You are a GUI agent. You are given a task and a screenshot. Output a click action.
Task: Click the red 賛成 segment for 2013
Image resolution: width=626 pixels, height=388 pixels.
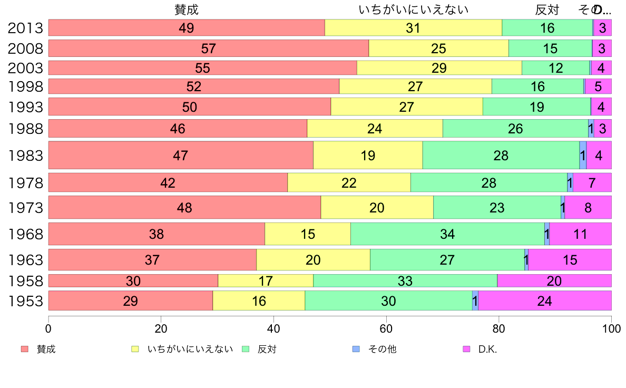[187, 28]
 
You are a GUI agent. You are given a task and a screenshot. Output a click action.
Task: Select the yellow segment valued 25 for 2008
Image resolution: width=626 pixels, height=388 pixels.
[438, 48]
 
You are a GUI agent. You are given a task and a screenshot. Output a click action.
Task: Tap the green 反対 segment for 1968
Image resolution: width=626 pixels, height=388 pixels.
[447, 234]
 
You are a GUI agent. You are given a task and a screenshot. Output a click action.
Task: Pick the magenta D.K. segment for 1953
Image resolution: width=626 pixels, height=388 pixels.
[545, 301]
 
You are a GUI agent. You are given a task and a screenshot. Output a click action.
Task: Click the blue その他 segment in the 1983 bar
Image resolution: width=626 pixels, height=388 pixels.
[583, 156]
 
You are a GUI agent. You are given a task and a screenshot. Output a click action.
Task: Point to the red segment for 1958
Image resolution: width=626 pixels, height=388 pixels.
[133, 281]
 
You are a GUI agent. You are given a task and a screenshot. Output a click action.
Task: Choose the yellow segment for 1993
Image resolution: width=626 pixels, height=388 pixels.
[407, 107]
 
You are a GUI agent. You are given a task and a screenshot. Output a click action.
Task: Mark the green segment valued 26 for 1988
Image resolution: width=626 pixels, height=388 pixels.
[515, 129]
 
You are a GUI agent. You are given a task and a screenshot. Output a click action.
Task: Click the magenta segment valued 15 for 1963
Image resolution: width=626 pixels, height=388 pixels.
[570, 260]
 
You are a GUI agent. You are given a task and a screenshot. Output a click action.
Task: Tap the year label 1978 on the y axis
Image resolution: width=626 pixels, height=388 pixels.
[25, 183]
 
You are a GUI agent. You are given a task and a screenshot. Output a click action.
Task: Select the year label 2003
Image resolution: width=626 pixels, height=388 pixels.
[25, 68]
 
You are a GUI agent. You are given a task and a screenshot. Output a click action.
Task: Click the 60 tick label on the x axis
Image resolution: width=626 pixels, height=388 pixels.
[386, 328]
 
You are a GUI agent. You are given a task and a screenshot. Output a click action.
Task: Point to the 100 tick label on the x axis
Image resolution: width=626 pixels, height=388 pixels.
[611, 328]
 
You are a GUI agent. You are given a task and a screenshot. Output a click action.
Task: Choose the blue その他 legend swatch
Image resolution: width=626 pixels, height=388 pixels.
[356, 350]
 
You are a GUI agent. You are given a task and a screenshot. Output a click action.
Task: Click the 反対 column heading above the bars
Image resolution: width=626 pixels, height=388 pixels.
[547, 9]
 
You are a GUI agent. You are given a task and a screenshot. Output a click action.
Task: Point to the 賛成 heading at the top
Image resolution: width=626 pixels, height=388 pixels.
[187, 9]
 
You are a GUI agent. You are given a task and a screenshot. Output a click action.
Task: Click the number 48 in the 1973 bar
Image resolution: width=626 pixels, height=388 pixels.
[184, 208]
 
